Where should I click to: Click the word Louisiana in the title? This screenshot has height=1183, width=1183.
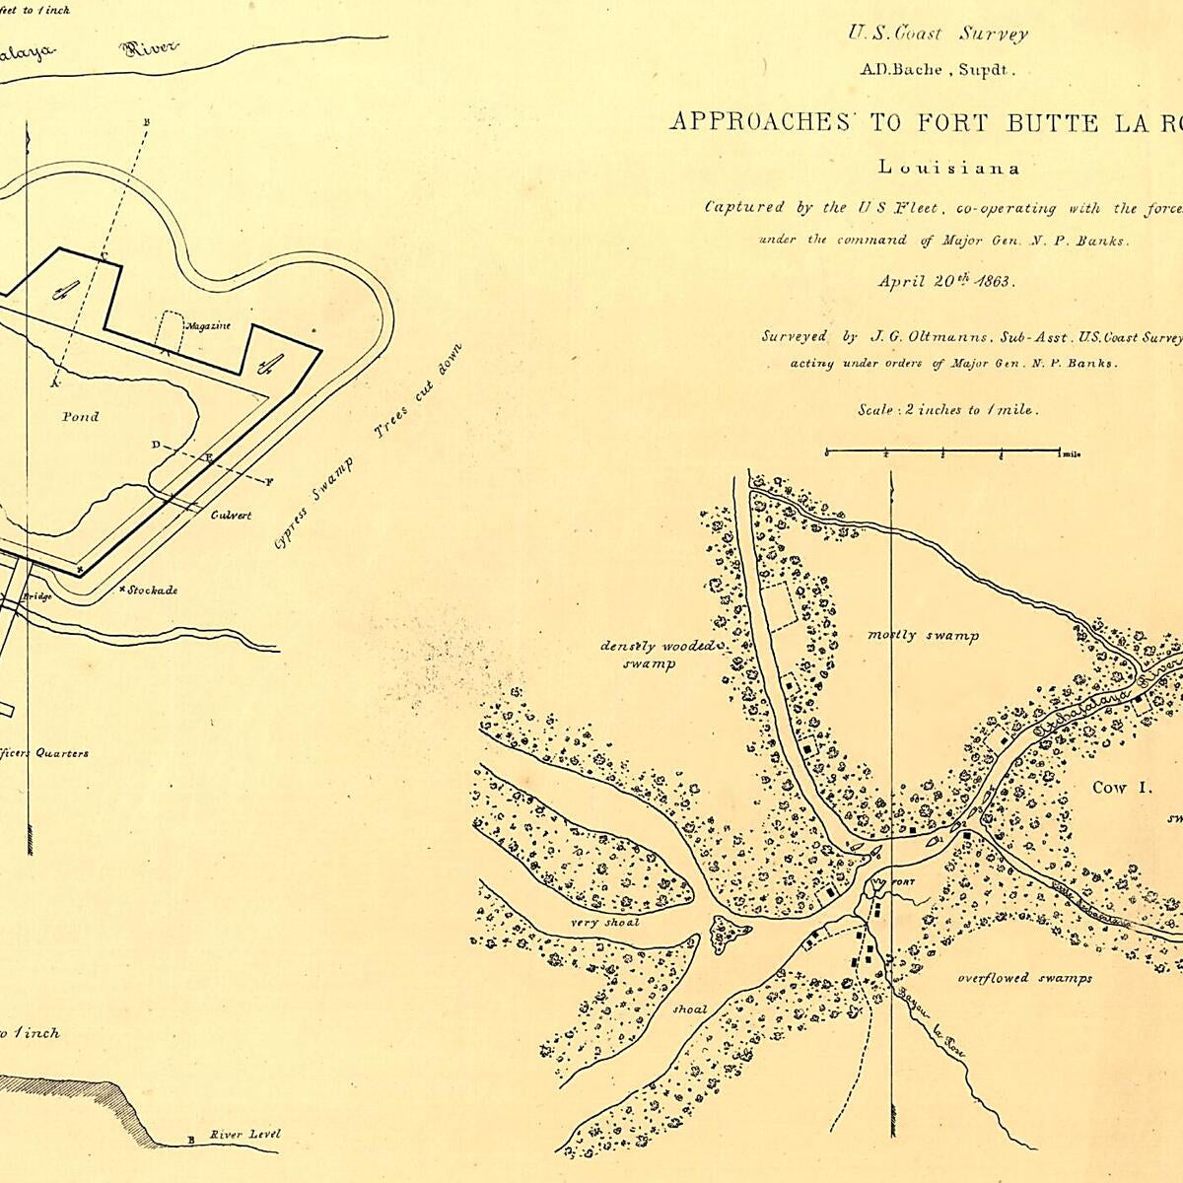click(947, 168)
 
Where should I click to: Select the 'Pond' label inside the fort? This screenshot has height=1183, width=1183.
click(80, 417)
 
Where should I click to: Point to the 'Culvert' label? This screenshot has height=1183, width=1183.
click(231, 515)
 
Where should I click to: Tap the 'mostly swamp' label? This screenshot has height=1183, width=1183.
click(923, 636)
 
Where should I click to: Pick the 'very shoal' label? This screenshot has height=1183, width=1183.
click(604, 923)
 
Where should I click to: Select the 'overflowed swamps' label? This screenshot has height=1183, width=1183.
click(1025, 978)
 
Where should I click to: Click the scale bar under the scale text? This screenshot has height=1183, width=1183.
click(942, 452)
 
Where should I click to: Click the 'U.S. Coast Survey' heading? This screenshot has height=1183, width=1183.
click(938, 34)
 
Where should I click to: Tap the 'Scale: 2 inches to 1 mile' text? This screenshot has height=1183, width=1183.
click(946, 409)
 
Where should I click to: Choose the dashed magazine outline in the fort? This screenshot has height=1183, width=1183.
click(171, 331)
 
